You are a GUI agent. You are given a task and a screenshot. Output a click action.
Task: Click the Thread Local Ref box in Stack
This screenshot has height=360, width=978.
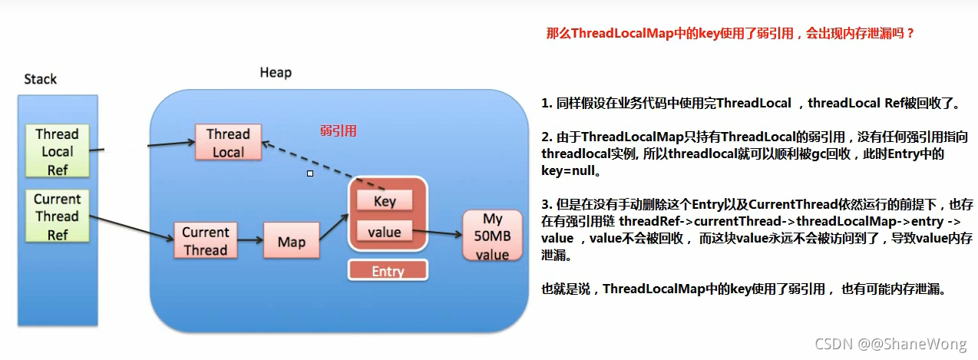pyautogui.click(x=58, y=152)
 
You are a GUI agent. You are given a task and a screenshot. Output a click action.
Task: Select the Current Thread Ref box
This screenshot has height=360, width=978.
pyautogui.click(x=58, y=216)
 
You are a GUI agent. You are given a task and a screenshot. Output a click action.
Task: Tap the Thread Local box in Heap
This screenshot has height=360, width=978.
pyautogui.click(x=228, y=143)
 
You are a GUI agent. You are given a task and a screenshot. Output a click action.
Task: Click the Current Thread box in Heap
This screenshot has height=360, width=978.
pyautogui.click(x=205, y=241)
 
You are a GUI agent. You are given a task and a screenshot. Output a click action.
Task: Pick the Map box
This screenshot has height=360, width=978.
pyautogui.click(x=291, y=242)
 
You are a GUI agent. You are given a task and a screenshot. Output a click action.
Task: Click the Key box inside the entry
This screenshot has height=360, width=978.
pyautogui.click(x=385, y=201)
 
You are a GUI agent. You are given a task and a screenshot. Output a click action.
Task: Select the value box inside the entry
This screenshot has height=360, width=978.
pyautogui.click(x=385, y=231)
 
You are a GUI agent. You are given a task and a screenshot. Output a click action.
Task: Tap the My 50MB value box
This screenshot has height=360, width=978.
pyautogui.click(x=492, y=236)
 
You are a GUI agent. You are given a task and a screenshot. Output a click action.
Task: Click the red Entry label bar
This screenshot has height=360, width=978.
pyautogui.click(x=388, y=271)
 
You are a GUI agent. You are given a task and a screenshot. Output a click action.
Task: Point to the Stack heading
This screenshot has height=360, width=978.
pyautogui.click(x=40, y=79)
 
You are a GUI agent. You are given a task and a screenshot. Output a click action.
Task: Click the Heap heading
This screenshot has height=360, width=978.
pyautogui.click(x=276, y=73)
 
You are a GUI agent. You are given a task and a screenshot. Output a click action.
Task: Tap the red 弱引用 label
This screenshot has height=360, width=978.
pyautogui.click(x=339, y=130)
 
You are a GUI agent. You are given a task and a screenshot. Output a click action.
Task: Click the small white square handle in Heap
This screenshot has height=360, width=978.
pyautogui.click(x=310, y=173)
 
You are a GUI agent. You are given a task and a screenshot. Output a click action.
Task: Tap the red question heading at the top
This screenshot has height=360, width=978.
pyautogui.click(x=730, y=35)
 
